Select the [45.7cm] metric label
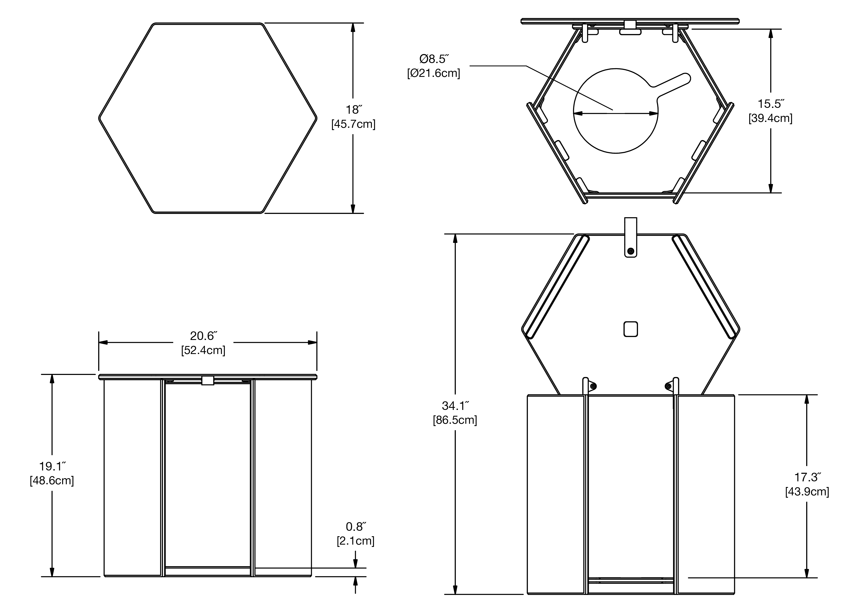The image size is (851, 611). coord(353,124)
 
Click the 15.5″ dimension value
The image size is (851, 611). coord(770,104)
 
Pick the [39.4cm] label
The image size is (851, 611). coord(770,118)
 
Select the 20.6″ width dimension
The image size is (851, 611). coord(203,336)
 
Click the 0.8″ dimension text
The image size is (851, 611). coord(355,527)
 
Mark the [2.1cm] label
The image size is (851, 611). coord(355,541)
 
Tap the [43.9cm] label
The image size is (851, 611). coord(807,492)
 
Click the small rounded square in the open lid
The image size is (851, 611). coord(630,329)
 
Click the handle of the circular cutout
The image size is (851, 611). coord(672,84)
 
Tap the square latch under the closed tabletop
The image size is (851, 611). coord(208,381)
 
